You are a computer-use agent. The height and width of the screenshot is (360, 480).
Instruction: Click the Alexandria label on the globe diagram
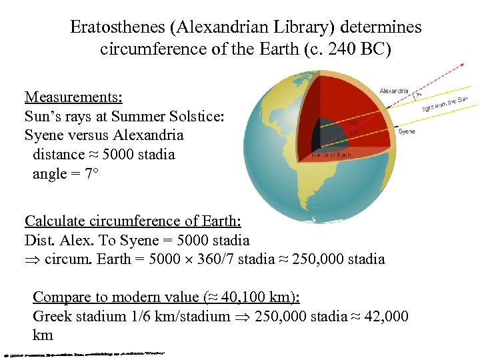[394, 91]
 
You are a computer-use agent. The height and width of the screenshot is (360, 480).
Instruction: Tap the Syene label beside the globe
[406, 132]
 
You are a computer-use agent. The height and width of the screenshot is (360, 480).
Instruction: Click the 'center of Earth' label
[331, 155]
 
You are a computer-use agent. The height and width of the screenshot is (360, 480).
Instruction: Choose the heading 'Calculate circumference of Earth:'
[133, 221]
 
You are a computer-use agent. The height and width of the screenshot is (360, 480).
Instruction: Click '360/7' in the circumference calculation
[215, 259]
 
